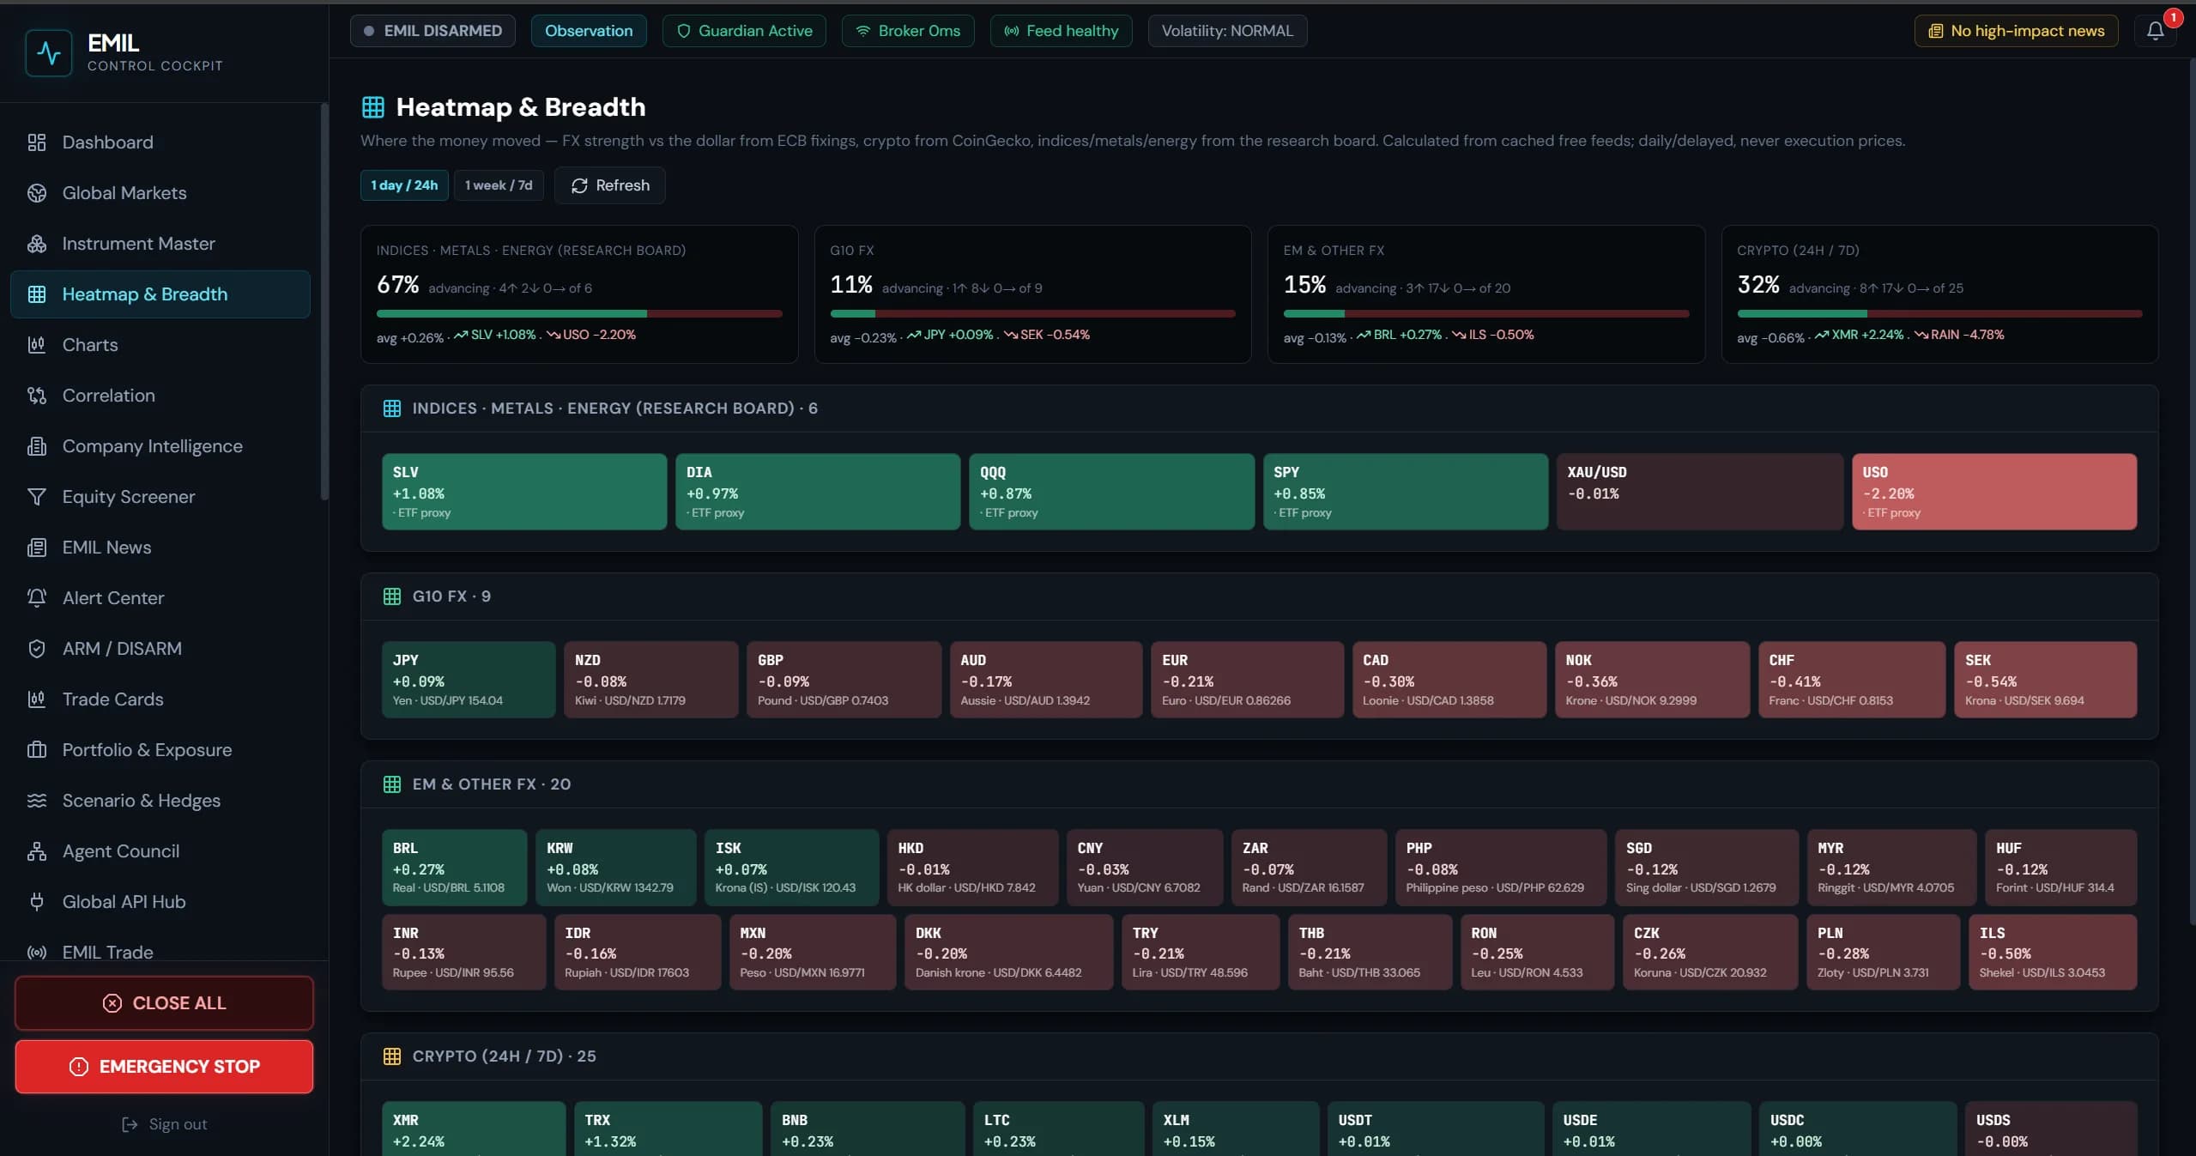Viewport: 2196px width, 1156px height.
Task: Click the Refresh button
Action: [609, 185]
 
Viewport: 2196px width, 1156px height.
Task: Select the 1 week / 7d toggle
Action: [499, 185]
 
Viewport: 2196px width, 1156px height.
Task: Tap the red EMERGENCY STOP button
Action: [164, 1066]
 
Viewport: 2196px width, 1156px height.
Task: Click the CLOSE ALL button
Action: [164, 1002]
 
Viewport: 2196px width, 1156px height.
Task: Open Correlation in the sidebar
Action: [109, 396]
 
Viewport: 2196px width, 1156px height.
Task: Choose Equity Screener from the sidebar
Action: [129, 497]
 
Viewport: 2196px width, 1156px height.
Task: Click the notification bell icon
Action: [2155, 31]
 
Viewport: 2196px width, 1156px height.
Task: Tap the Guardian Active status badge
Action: [744, 31]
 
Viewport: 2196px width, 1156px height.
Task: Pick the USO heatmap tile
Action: [1993, 492]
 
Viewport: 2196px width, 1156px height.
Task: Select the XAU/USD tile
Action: [1699, 492]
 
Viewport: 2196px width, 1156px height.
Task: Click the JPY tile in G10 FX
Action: [469, 680]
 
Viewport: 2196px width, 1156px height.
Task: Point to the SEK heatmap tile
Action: [2045, 680]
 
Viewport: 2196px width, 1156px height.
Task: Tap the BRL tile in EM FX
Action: [454, 867]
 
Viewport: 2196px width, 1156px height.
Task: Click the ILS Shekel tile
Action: [2052, 952]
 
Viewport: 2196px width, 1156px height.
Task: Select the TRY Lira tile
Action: [1201, 952]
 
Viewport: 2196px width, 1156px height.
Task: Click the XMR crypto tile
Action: [474, 1129]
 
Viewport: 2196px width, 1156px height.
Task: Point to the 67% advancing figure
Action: [398, 285]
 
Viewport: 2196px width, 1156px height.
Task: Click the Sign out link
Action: [165, 1124]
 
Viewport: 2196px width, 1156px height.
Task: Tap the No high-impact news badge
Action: [2016, 31]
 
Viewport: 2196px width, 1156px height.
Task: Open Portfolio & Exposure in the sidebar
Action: [147, 750]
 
